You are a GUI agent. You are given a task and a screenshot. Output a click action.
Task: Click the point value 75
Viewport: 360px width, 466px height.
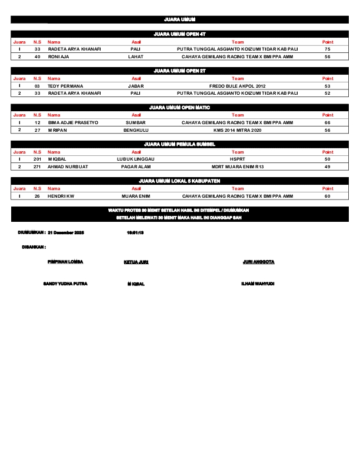coord(328,49)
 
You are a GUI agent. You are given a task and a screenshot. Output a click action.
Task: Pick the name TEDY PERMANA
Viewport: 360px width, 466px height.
coord(65,86)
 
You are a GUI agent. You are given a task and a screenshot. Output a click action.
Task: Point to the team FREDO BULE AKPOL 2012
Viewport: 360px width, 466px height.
coord(237,86)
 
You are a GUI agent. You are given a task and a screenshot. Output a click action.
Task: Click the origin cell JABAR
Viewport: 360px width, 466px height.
coord(136,86)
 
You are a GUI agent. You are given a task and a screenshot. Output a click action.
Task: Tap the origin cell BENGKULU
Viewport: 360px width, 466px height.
coord(136,129)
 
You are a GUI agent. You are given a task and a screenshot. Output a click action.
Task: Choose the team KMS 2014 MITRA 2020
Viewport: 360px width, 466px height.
coord(237,129)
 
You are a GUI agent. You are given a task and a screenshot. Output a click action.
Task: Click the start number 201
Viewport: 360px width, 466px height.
coord(37,159)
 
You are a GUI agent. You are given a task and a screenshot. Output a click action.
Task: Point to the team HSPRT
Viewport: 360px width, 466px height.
coord(237,159)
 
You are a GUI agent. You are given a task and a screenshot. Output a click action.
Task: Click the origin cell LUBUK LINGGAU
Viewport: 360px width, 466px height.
coord(136,159)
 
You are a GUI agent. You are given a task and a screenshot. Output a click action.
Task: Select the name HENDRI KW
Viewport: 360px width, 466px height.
coord(61,195)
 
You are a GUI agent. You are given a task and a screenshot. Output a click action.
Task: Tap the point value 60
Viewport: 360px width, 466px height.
coord(328,195)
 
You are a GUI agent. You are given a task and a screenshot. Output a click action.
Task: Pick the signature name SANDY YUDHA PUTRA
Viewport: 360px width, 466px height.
coord(65,284)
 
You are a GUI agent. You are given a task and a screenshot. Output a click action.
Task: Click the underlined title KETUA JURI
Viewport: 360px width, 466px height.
coord(136,262)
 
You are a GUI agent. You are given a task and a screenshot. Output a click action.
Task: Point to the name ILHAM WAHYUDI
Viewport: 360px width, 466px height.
coord(258,284)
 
